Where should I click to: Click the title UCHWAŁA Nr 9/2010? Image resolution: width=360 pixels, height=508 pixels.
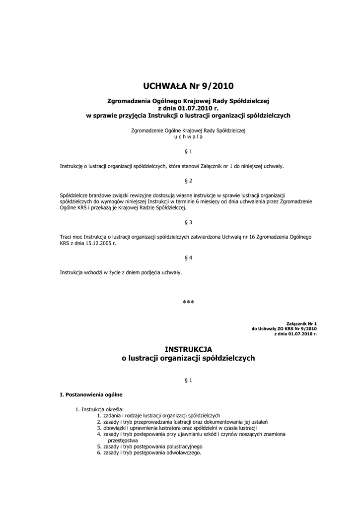click(x=188, y=86)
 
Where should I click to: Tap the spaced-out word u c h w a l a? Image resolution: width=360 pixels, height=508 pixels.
click(x=188, y=136)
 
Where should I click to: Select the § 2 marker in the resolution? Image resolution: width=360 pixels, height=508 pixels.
click(x=188, y=180)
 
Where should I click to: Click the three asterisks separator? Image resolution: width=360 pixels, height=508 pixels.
click(x=188, y=302)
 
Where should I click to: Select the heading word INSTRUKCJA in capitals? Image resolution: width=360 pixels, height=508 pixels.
click(x=188, y=349)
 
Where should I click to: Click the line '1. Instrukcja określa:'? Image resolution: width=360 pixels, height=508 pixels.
click(x=96, y=409)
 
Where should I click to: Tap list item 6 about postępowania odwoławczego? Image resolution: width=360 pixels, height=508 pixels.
click(x=149, y=452)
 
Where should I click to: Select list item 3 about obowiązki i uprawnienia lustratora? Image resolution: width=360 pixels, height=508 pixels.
click(x=177, y=428)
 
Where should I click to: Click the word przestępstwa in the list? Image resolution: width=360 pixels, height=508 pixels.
click(x=123, y=440)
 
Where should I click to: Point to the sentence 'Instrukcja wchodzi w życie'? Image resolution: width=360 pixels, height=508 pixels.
click(x=121, y=273)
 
